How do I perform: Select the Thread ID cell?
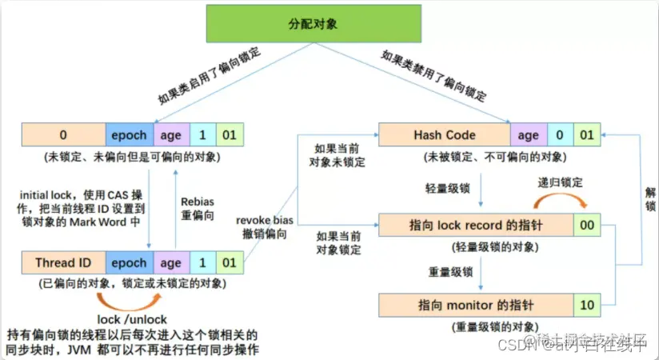pyautogui.click(x=63, y=262)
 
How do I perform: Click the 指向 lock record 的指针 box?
pyautogui.click(x=475, y=226)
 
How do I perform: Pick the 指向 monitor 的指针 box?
pyautogui.click(x=475, y=305)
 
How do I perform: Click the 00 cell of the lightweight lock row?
pyautogui.click(x=588, y=226)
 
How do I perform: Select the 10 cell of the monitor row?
pyautogui.click(x=588, y=305)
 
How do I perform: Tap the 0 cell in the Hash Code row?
pyautogui.click(x=559, y=135)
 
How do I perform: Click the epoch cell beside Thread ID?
pyautogui.click(x=129, y=262)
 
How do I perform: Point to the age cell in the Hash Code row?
pyautogui.click(x=528, y=135)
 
